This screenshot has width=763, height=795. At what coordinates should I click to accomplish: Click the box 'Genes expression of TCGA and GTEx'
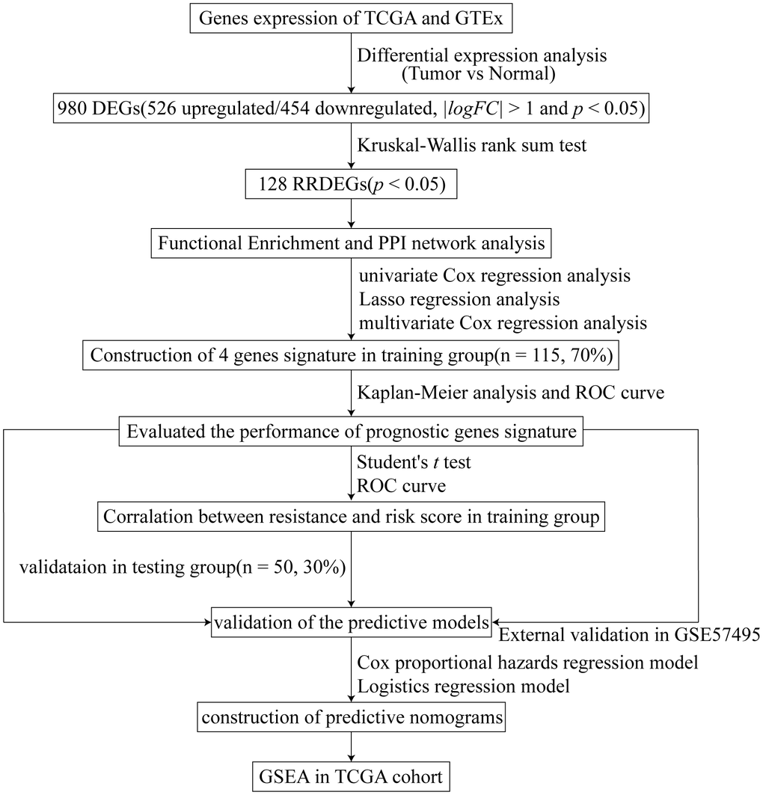[x=352, y=19]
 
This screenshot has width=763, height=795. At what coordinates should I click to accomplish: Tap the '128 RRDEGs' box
[x=352, y=184]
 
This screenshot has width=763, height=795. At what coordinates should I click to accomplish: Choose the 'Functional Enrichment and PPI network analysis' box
[x=352, y=242]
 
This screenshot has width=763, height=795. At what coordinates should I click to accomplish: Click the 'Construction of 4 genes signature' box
[x=352, y=354]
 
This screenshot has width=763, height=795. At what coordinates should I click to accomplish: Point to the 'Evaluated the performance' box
[x=352, y=432]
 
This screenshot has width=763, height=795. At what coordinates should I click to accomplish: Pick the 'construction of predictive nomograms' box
[x=352, y=719]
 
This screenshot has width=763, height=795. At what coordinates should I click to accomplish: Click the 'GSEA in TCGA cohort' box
[x=352, y=777]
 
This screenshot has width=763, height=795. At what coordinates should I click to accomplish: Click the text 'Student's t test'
[x=414, y=463]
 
